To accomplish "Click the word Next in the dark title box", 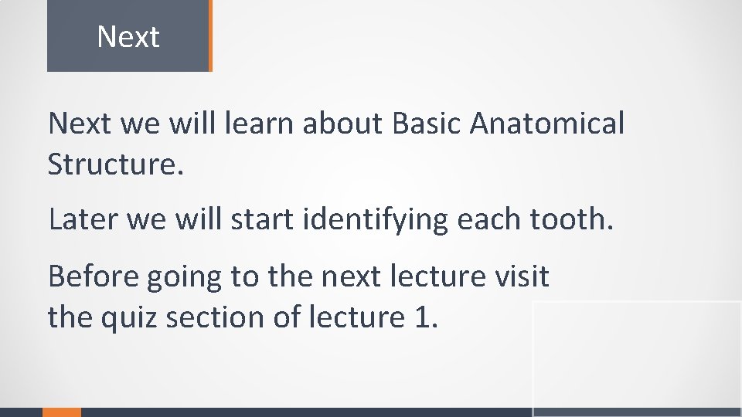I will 128,37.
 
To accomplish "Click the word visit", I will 522,276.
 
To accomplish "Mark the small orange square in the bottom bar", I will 61,412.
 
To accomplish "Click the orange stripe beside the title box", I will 209,36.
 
